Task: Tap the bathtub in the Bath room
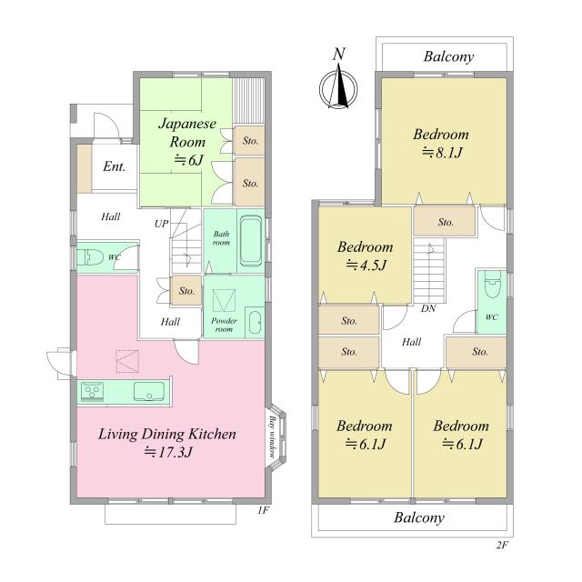pos(251,241)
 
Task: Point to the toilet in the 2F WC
pos(492,285)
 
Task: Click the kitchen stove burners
pos(92,392)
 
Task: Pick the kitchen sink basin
pos(149,392)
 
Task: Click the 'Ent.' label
pos(114,166)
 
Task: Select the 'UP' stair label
pos(162,224)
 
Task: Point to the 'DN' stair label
pos(428,308)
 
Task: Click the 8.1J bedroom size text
pos(442,153)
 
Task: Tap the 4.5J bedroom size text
pos(366,265)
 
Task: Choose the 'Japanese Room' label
pos(187,133)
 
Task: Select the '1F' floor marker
pos(263,510)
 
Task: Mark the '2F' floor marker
pos(502,545)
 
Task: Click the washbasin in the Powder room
pos(255,322)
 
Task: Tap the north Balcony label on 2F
pos(448,56)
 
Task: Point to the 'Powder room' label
pos(224,325)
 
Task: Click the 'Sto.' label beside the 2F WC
pos(480,352)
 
